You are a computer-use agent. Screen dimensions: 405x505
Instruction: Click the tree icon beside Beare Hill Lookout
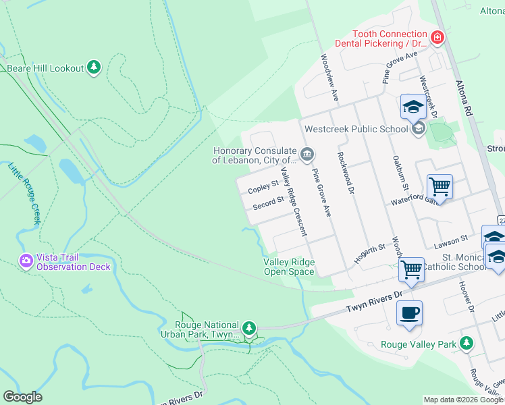95,67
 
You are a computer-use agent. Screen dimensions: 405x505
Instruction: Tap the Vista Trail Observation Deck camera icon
26,260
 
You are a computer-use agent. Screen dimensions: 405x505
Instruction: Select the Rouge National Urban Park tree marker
249,328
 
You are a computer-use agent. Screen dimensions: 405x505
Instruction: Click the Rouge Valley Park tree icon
466,344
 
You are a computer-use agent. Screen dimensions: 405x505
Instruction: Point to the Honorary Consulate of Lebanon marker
307,155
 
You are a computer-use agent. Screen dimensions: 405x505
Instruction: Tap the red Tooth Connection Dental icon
437,36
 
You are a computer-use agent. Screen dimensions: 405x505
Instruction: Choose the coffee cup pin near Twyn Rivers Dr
409,313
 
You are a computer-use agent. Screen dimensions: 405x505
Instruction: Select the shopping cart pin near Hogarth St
411,269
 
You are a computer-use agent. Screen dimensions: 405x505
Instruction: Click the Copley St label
263,186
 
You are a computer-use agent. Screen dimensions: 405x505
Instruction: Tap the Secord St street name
268,202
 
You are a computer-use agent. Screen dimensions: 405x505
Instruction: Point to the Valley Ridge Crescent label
294,202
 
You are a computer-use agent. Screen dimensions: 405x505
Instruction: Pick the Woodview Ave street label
329,78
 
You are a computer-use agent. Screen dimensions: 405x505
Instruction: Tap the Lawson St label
452,240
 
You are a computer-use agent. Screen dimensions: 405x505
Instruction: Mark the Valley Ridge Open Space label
289,267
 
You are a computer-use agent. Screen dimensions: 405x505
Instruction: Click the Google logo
23,397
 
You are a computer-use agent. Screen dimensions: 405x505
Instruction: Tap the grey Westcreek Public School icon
418,128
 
